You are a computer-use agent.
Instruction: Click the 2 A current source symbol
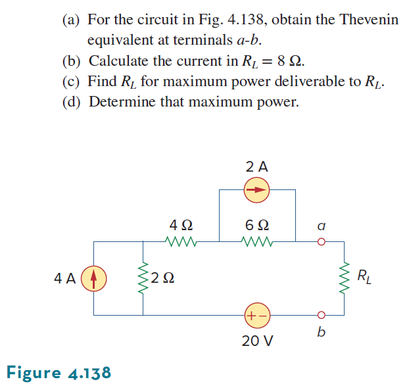pyautogui.click(x=257, y=191)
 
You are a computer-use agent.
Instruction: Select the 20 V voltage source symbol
pyautogui.click(x=257, y=314)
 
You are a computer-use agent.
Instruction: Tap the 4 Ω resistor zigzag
pyautogui.click(x=180, y=241)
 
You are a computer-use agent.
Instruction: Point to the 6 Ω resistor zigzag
pyautogui.click(x=257, y=241)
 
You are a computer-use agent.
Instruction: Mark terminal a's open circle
pyautogui.click(x=321, y=241)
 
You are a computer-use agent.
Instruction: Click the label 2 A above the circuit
pyautogui.click(x=257, y=167)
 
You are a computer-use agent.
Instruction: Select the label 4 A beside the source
pyautogui.click(x=64, y=278)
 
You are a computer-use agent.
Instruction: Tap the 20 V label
pyautogui.click(x=257, y=341)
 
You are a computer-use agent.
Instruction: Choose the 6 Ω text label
pyautogui.click(x=257, y=224)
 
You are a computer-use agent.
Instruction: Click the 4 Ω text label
pyautogui.click(x=180, y=224)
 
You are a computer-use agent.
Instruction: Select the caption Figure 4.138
pyautogui.click(x=59, y=373)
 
